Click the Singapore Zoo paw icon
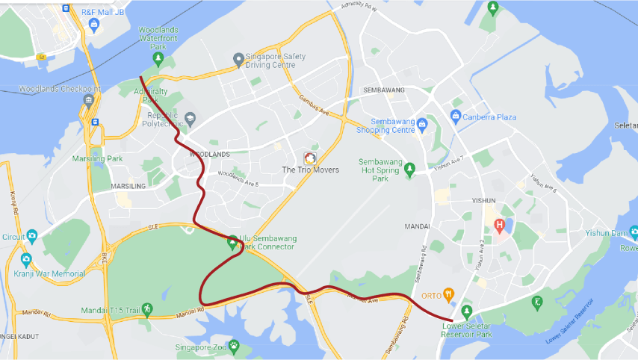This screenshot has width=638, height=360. click(234, 346)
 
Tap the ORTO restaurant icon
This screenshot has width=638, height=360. click(448, 294)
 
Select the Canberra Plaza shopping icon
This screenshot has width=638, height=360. click(455, 117)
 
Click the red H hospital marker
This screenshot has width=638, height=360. click(499, 226)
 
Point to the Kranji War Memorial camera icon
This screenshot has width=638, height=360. click(26, 260)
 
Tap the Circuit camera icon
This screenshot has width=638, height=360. click(31, 237)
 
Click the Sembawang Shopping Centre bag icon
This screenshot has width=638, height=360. click(421, 123)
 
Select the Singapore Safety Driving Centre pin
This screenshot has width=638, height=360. click(238, 58)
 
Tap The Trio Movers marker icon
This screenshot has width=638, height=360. click(309, 158)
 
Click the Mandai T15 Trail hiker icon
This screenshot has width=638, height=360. click(147, 308)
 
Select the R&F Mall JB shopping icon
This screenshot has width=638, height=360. click(93, 24)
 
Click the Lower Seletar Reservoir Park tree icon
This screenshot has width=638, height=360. click(467, 311)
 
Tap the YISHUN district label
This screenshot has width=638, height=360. click(483, 201)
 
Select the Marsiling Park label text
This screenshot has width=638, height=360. click(97, 158)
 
